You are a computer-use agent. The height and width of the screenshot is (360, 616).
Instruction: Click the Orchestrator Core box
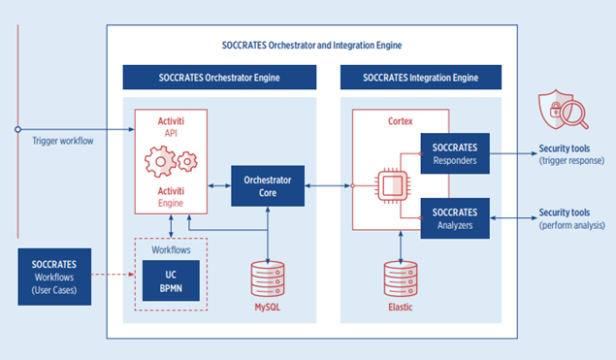pyautogui.click(x=267, y=185)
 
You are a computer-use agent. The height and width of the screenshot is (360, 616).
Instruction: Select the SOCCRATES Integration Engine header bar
pyautogui.click(x=420, y=77)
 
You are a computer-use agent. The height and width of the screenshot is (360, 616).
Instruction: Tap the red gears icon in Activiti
pyautogui.click(x=170, y=160)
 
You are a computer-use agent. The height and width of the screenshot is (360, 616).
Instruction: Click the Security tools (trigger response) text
pyautogui.click(x=573, y=154)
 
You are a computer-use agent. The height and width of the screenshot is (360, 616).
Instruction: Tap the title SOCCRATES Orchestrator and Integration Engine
pyautogui.click(x=310, y=46)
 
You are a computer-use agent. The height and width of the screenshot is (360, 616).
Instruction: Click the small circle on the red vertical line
pyautogui.click(x=17, y=129)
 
